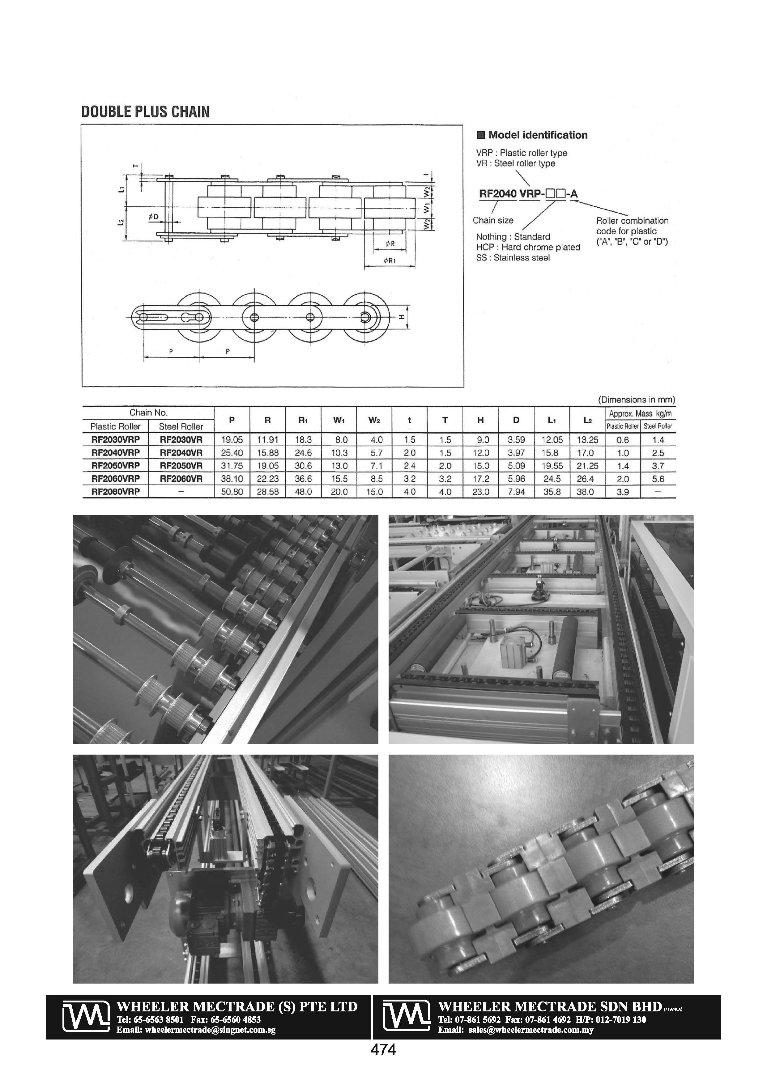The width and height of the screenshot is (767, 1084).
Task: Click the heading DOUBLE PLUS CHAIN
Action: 146,112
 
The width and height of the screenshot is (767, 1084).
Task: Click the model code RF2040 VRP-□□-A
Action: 528,193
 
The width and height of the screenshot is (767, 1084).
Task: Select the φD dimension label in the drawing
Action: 154,217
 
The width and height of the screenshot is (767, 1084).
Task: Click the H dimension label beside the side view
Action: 402,318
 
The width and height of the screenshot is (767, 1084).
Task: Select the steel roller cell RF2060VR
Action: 181,479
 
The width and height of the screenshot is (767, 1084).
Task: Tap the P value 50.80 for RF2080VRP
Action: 232,492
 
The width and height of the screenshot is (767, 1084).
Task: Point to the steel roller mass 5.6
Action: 658,479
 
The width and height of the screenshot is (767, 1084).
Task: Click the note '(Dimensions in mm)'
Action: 636,400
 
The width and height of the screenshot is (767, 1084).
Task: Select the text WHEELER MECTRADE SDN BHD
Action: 550,1006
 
